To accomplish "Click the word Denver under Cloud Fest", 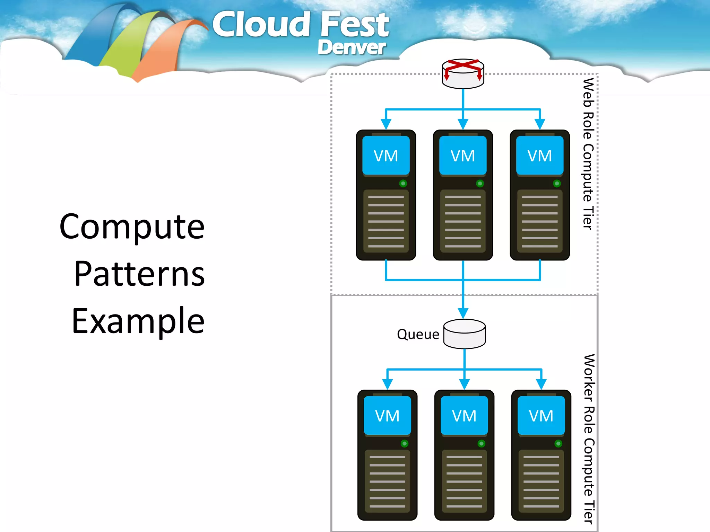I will [351, 47].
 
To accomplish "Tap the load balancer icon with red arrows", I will [463, 73].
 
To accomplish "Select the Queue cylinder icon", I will [464, 334].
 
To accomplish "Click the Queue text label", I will [418, 335].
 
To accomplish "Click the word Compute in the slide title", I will [132, 227].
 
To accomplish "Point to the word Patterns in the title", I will [139, 274].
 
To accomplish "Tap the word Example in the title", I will [138, 321].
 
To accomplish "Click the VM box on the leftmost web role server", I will [386, 156].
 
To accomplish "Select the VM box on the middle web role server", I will [463, 156].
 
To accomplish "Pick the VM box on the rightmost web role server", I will [539, 156].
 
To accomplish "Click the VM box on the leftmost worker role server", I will [387, 416].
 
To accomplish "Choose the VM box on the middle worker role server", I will [464, 416].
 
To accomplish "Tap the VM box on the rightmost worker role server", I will [541, 416].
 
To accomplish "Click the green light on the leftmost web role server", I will [403, 184].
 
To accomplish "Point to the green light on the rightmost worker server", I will [558, 444].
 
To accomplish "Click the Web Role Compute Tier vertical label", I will [588, 154].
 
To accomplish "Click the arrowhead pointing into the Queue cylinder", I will [463, 313].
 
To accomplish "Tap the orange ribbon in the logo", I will [163, 52].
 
